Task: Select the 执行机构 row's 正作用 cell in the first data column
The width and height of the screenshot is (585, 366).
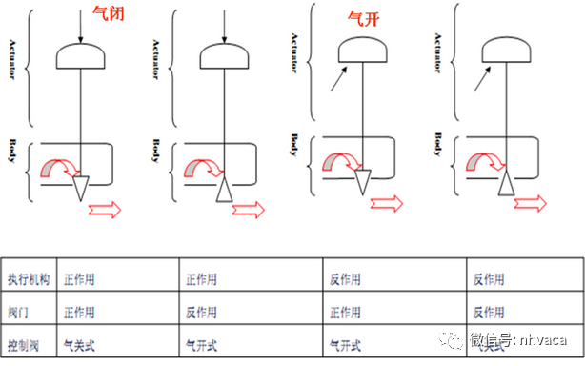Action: coord(80,279)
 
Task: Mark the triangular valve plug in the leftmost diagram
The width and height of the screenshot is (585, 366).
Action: coord(80,187)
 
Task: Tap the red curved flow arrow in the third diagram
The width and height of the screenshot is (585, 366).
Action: coord(340,163)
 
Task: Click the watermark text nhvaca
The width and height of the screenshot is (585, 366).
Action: coord(542,340)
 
